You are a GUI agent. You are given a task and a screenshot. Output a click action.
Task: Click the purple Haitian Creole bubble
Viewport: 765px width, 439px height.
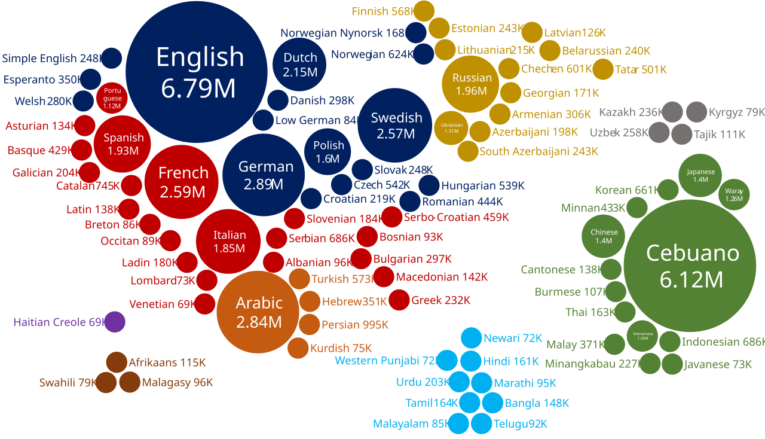click(115, 322)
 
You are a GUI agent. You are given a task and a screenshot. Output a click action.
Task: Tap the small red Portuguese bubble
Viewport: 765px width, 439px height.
click(112, 98)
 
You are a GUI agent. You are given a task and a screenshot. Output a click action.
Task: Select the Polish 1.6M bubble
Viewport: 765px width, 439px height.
click(328, 152)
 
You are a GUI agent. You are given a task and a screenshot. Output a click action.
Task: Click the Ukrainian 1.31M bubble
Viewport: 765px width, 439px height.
click(451, 128)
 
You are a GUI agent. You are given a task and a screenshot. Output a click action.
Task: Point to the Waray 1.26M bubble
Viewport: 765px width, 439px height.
click(733, 195)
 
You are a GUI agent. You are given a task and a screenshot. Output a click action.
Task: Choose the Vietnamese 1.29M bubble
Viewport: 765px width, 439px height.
click(642, 336)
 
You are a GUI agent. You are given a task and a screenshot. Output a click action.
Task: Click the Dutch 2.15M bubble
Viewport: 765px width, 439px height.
click(300, 65)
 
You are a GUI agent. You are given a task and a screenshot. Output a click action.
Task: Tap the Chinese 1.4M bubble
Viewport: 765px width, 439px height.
click(604, 236)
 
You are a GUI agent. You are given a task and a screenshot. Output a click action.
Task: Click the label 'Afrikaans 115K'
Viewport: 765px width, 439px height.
click(167, 362)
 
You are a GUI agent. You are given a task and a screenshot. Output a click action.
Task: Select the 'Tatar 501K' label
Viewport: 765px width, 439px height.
click(641, 69)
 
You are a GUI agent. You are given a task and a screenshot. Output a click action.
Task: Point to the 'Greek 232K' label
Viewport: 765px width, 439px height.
click(441, 300)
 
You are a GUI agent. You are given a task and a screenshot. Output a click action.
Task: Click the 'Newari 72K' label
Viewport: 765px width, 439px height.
click(513, 338)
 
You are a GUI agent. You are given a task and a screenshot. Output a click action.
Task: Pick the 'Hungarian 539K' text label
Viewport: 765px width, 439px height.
click(483, 185)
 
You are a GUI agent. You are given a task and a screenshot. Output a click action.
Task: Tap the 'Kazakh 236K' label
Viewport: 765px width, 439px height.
click(631, 112)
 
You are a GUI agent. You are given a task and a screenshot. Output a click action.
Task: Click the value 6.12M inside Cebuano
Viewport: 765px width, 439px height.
click(692, 279)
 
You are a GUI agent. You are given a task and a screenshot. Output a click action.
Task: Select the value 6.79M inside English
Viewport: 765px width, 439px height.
click(198, 89)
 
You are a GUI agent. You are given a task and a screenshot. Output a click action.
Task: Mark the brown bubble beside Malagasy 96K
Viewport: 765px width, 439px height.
click(130, 382)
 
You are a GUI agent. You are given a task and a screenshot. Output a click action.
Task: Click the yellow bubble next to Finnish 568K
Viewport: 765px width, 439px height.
click(424, 11)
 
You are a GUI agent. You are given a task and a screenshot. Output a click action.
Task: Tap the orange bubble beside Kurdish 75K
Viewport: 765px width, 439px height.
click(298, 347)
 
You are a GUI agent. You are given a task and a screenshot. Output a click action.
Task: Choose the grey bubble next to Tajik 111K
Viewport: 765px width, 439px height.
click(681, 134)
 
